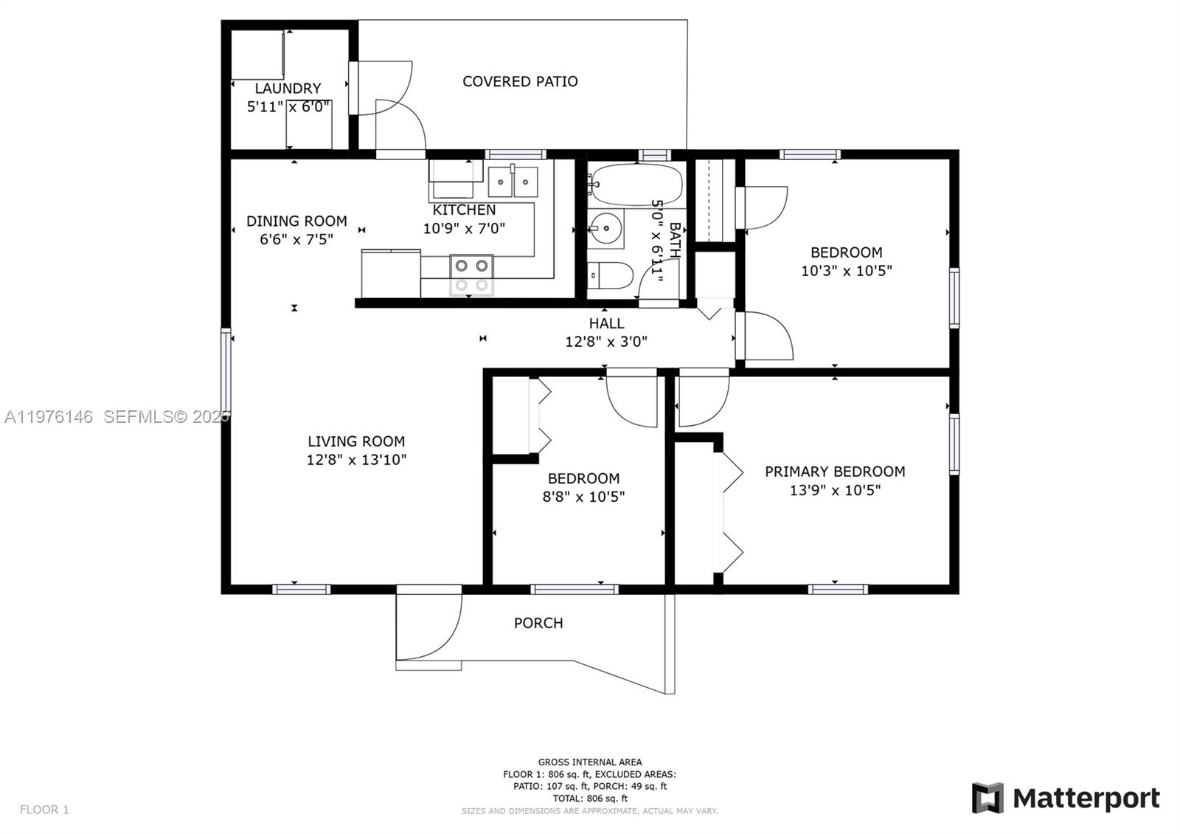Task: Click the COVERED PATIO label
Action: [520, 81]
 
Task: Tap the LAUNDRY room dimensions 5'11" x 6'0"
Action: [288, 106]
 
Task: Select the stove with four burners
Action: [472, 275]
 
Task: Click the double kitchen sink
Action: [513, 182]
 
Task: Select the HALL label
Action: [606, 323]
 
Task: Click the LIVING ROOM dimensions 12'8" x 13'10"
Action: [356, 460]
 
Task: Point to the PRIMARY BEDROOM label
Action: [835, 472]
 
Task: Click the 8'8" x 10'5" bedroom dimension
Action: [583, 497]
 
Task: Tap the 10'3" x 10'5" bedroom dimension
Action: [846, 271]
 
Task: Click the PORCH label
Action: [538, 623]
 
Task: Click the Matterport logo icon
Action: [988, 798]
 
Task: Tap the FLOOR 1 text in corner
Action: [44, 810]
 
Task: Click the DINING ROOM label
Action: [296, 221]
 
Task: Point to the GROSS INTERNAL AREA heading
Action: [589, 762]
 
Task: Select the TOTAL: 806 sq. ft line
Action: [589, 798]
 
